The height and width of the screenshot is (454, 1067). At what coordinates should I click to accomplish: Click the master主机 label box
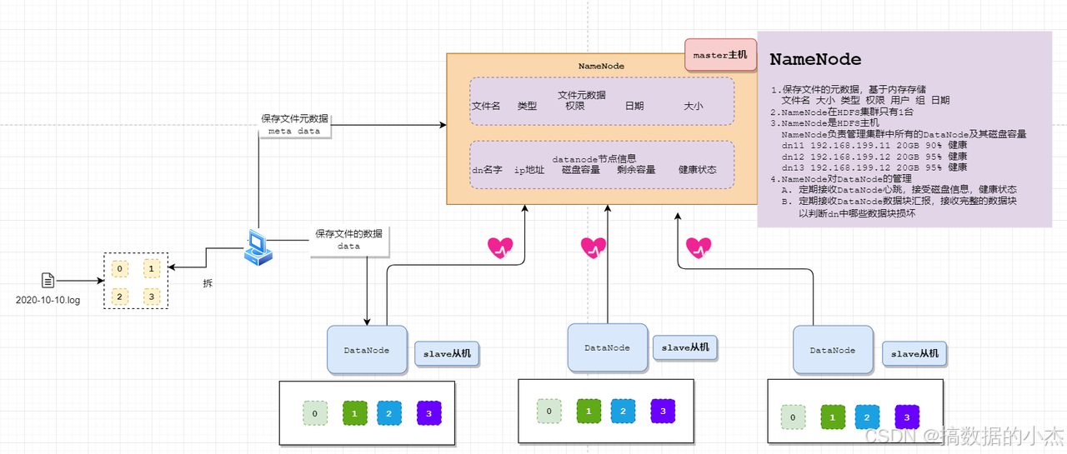point(720,55)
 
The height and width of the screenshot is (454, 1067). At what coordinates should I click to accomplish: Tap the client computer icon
point(258,247)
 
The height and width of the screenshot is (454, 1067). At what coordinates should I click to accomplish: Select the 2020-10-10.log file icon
point(48,281)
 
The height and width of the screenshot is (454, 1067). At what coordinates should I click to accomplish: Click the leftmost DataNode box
point(367,350)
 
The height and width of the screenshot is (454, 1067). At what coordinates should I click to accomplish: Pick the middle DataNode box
point(607,347)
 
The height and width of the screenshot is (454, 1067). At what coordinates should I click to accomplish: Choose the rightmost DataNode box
point(832,350)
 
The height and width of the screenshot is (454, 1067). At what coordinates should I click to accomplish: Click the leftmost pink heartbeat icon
point(500,247)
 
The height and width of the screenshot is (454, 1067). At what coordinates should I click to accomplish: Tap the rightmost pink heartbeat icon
point(699,247)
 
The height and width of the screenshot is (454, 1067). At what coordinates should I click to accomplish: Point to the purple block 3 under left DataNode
point(428,413)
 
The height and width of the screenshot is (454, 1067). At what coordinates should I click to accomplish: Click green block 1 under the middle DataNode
point(589,411)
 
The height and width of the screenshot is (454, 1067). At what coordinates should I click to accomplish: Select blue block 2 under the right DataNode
point(867,417)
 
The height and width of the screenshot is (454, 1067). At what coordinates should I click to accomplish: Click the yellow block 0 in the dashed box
point(121,268)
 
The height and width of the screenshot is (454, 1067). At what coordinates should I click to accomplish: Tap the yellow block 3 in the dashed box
point(151,296)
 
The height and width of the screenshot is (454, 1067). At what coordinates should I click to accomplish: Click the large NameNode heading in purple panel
point(814,60)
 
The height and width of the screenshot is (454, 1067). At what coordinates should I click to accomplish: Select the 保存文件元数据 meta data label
point(294,125)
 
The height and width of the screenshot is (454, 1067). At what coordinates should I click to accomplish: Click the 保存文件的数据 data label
point(348,240)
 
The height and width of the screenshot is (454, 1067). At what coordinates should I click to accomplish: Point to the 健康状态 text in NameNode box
point(697,170)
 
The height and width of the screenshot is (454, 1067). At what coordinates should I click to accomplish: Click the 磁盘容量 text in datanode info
point(581,170)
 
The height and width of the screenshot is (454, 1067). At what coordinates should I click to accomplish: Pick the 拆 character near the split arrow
point(208,283)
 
